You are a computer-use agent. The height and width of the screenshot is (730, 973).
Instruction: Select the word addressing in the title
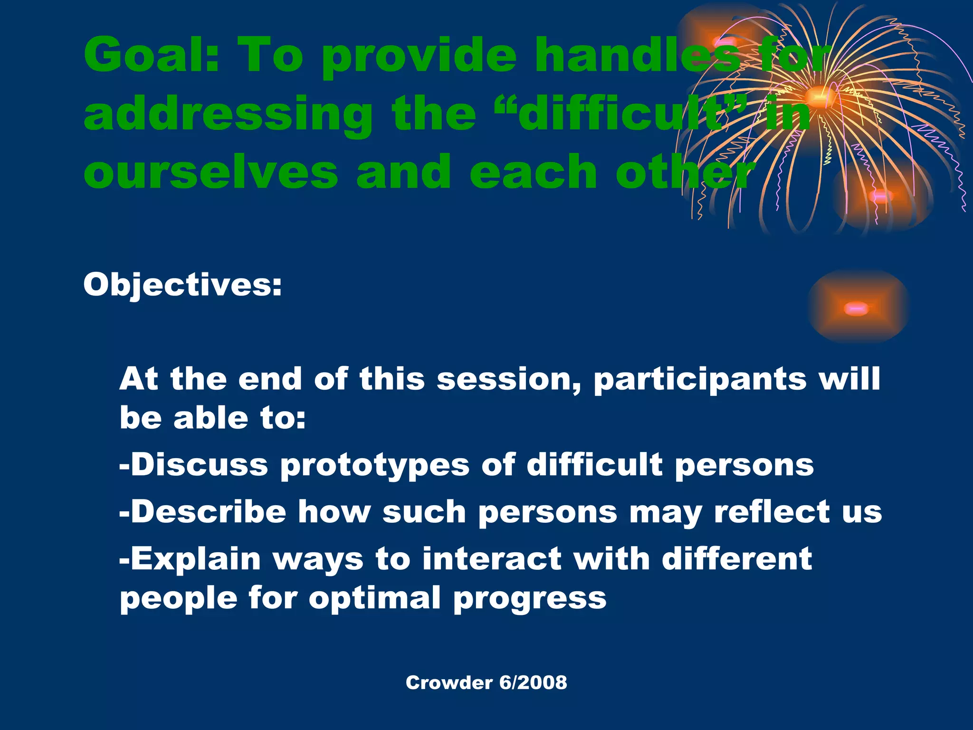pos(229,114)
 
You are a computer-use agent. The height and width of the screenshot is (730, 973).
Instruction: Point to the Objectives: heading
pos(182,285)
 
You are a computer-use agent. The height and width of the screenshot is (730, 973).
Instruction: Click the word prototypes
pos(375,466)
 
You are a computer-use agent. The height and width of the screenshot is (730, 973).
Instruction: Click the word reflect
pos(773,512)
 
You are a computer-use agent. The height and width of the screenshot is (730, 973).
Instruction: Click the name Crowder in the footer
pos(449,682)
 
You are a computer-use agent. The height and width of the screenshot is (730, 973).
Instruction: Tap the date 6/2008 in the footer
pos(533,682)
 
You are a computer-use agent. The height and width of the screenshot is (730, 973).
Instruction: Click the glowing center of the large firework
pos(818,97)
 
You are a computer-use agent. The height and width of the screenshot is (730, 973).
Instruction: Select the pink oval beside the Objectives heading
pos(856,309)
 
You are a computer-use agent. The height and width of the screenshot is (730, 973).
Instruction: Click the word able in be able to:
pos(210,418)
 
